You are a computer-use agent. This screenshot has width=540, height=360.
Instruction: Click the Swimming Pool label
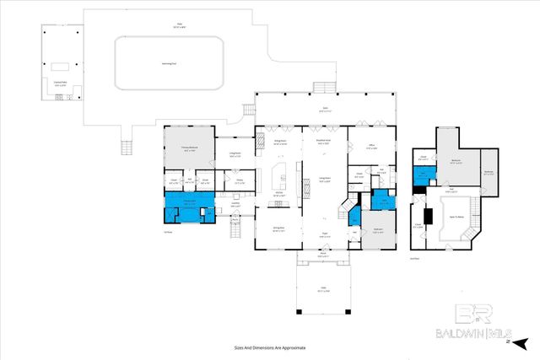click(x=170, y=63)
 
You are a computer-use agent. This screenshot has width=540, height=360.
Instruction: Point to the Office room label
click(x=371, y=146)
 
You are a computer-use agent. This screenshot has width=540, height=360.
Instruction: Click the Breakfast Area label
click(x=323, y=143)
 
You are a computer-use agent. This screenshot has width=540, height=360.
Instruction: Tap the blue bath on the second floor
click(x=424, y=175)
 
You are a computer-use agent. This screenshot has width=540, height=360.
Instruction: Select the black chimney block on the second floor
click(x=428, y=216)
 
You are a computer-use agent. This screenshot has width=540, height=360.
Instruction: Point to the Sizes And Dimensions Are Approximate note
click(x=269, y=347)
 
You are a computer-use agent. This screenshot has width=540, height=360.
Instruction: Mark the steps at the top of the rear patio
click(x=323, y=88)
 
